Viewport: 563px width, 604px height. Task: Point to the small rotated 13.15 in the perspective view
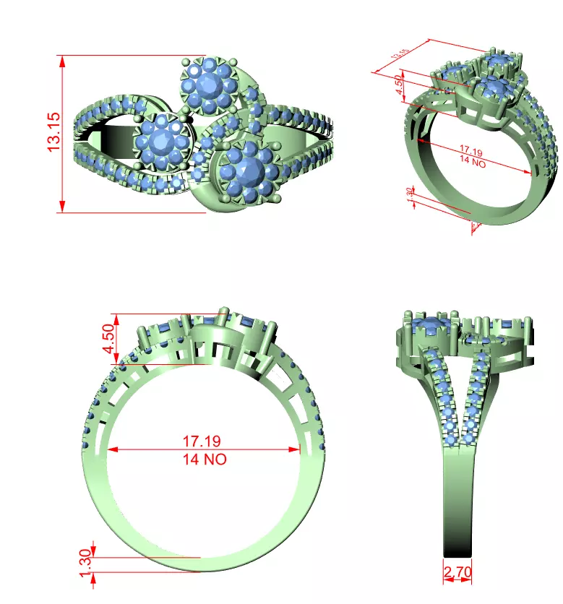click(x=400, y=53)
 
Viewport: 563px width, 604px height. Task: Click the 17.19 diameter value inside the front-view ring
click(x=202, y=440)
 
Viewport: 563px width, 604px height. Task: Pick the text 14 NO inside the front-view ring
click(x=205, y=459)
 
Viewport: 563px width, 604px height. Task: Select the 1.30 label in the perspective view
click(x=409, y=196)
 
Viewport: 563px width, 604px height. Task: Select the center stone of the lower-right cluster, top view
click(x=249, y=171)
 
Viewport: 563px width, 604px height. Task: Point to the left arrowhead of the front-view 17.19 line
click(x=111, y=449)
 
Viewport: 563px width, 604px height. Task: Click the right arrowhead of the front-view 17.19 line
click(x=298, y=449)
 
